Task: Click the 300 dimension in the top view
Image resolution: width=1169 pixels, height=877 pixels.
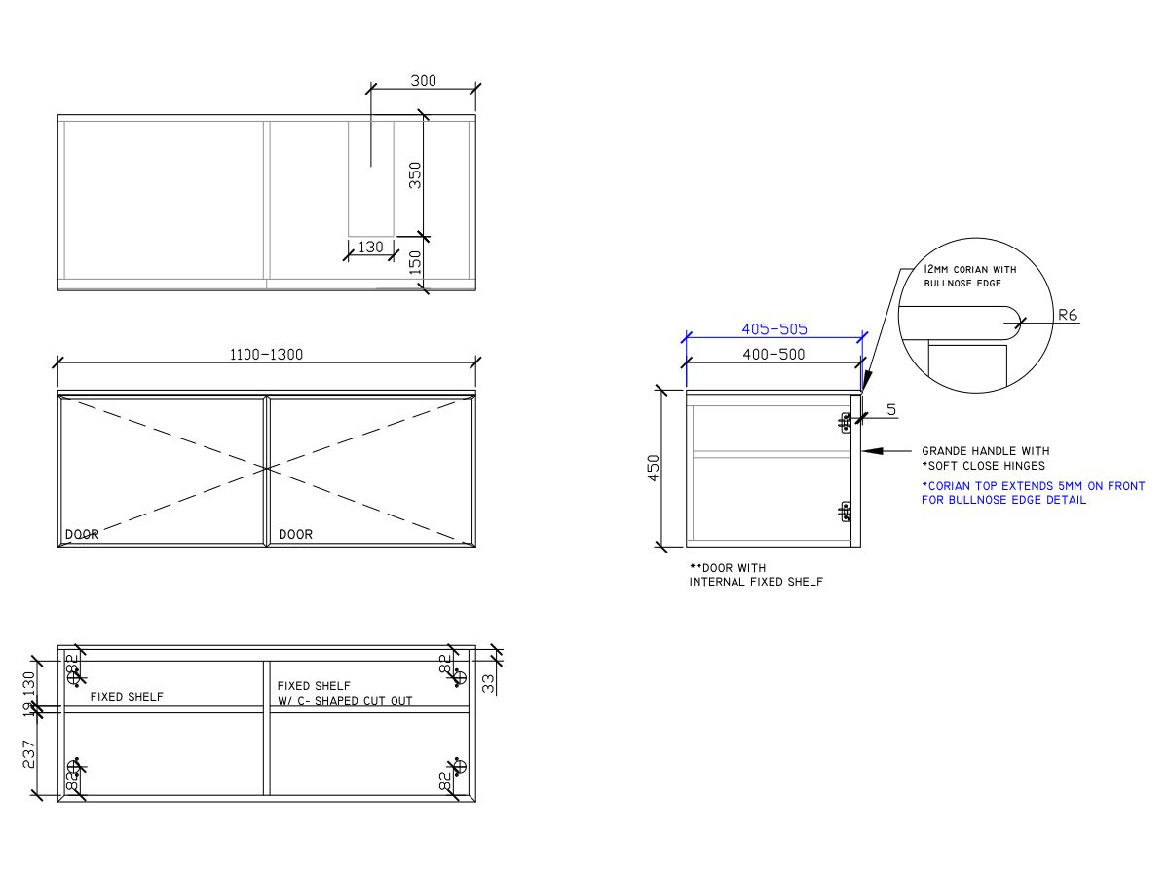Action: [x=423, y=81]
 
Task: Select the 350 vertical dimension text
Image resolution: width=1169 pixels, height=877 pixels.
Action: [x=416, y=174]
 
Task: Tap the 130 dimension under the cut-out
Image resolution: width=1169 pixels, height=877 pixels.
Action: [x=370, y=248]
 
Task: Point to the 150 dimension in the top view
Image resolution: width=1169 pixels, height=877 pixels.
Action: [x=416, y=262]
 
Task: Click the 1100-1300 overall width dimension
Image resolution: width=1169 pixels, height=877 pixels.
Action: [x=267, y=355]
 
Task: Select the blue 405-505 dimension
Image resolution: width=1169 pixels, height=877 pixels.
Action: [x=773, y=329]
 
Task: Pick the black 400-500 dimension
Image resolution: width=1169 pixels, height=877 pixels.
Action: [x=773, y=355]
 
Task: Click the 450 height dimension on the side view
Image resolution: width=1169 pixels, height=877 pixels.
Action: [x=655, y=467]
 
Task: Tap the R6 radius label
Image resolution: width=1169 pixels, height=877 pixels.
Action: [x=1068, y=315]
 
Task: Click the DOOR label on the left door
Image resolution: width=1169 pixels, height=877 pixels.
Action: [x=82, y=535]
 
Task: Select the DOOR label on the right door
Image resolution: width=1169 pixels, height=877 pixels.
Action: [x=295, y=535]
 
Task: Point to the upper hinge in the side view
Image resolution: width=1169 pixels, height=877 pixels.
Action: [x=845, y=421]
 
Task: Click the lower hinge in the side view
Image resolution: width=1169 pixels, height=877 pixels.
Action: [x=845, y=511]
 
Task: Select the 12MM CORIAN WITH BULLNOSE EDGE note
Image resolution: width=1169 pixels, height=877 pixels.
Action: [x=969, y=276]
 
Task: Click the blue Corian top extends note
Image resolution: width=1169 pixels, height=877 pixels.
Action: [x=1033, y=493]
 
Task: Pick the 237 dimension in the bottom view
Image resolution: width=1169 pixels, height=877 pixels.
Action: [x=28, y=753]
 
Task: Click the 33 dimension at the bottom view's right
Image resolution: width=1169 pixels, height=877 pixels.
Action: [x=488, y=683]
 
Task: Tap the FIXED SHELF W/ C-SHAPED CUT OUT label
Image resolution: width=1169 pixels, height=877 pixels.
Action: [x=345, y=693]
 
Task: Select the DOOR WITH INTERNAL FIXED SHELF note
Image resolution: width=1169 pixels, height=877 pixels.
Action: [x=756, y=575]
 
